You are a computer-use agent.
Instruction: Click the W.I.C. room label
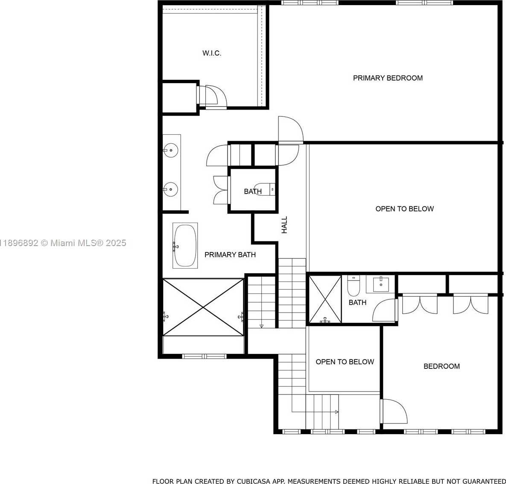(212, 53)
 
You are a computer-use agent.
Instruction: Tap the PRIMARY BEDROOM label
(388, 78)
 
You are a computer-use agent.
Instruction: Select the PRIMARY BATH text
(230, 255)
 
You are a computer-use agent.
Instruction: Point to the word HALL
(284, 225)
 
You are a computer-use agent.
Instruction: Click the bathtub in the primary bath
(185, 246)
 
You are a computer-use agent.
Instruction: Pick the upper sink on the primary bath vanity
(170, 150)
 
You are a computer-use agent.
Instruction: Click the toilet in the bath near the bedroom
(354, 286)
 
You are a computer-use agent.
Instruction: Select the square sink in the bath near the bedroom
(381, 284)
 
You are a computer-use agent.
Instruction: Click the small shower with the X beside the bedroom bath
(325, 299)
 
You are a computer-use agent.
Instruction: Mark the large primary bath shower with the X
(203, 307)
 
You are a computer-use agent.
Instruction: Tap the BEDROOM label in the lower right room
(442, 366)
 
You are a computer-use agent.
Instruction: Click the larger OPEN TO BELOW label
(404, 209)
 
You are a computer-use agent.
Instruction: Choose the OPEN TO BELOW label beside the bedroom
(345, 362)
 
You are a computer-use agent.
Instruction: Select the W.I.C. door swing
(216, 96)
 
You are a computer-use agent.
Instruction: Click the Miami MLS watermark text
(63, 243)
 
